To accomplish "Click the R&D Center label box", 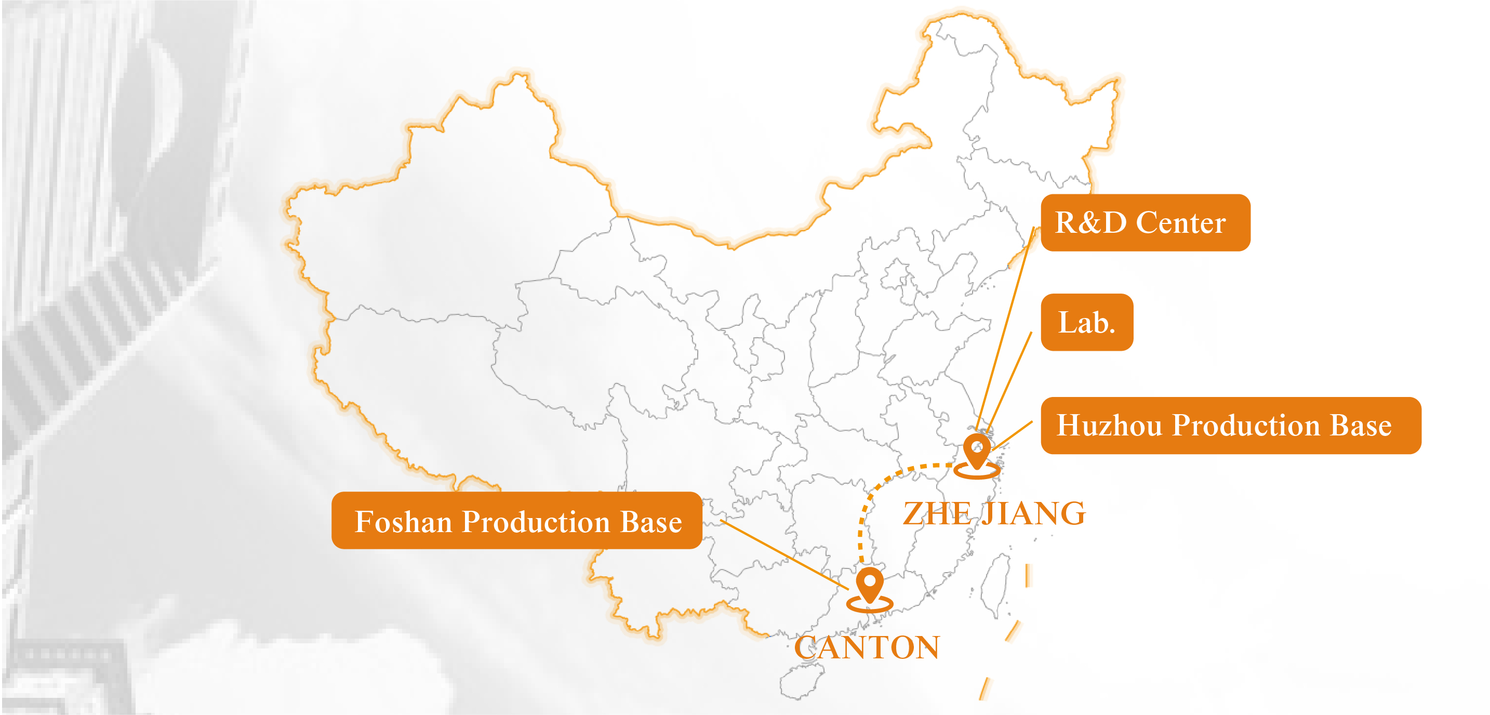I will click(1145, 223).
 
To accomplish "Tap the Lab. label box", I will click(1086, 322).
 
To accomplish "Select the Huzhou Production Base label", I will click(1230, 425).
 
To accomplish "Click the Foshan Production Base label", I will click(516, 521).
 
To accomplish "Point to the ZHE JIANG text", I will click(994, 513).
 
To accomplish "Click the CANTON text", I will click(867, 647).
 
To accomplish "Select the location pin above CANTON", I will click(869, 586).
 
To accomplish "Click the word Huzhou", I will click(1109, 426).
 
